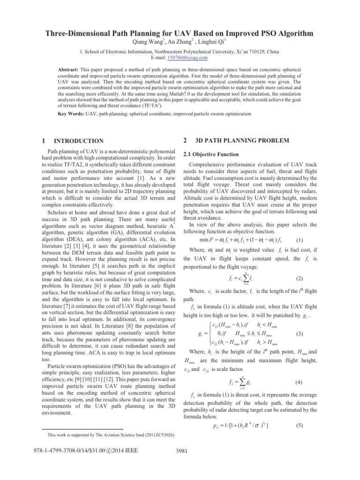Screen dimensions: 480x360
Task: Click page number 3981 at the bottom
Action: (180, 465)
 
